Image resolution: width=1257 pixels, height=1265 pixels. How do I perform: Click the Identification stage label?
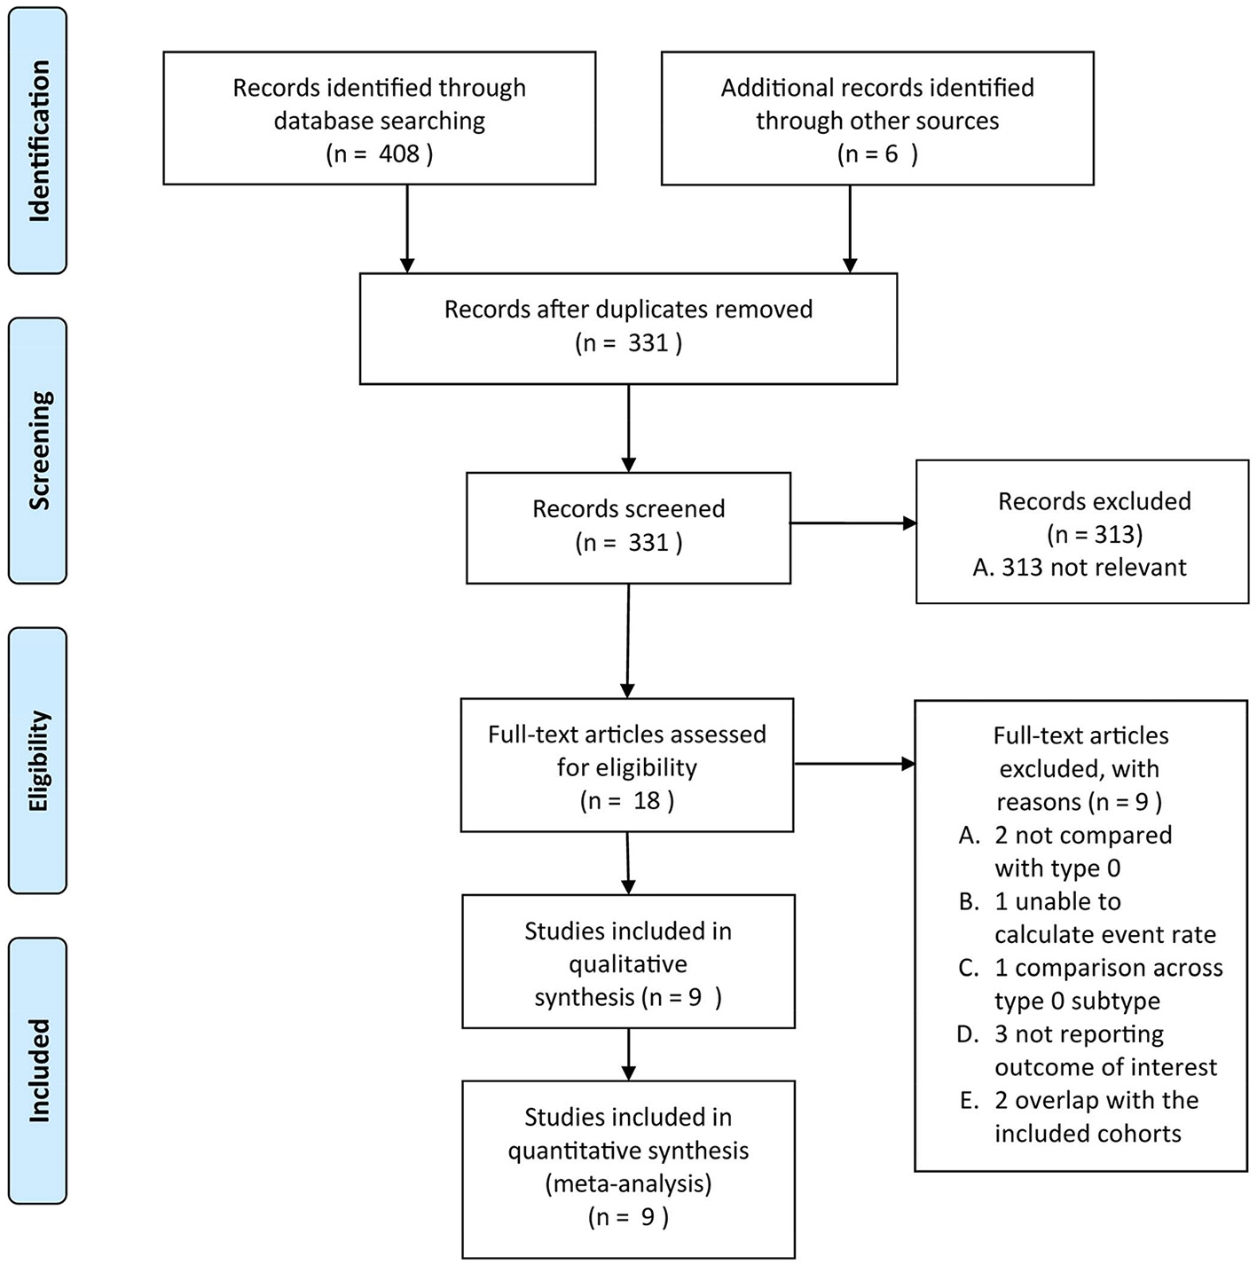38,140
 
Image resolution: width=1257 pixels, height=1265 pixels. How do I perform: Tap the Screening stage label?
38,450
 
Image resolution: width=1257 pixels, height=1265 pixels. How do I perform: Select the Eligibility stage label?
38,760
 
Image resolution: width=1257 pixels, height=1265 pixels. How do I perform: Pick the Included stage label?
38,1070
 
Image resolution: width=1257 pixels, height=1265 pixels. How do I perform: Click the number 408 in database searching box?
398,154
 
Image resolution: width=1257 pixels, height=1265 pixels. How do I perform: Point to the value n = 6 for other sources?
877,154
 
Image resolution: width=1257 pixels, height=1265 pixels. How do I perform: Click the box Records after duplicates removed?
628,327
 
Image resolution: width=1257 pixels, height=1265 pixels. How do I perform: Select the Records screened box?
628,527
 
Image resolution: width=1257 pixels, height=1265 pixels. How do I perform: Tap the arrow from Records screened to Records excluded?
852,523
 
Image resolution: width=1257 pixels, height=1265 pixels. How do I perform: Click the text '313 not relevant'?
1093,568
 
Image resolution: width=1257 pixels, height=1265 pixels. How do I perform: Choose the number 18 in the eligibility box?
647,801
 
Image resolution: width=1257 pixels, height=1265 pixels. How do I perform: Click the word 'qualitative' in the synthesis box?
628,964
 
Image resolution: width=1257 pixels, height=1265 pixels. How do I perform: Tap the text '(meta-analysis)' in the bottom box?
628,1183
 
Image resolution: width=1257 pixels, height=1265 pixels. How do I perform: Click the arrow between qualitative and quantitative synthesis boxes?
628,1054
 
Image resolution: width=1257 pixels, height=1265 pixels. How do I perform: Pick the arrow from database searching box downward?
407,228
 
